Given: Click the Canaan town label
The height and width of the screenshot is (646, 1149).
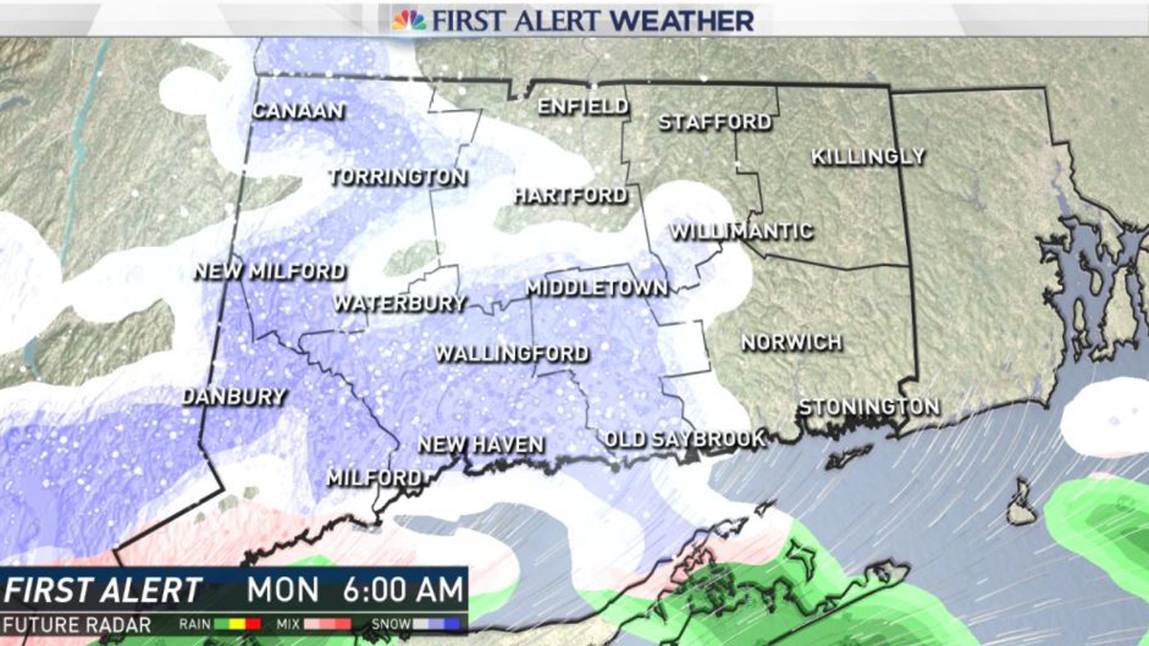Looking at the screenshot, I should pos(298,111).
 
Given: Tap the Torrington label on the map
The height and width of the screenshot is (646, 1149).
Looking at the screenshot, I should pos(397,177).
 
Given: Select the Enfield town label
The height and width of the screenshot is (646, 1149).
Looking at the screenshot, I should pos(582,106).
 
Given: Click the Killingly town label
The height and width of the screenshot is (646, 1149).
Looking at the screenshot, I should pos(868,156).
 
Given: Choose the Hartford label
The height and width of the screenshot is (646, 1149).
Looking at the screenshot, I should pos(571,195).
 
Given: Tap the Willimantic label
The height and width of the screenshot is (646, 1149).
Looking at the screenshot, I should pos(741,232).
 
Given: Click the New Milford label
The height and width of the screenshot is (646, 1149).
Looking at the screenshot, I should pos(269,272).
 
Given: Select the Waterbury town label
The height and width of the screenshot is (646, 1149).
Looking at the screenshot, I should pos(399,303).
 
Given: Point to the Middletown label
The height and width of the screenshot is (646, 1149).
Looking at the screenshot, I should pos(597,288).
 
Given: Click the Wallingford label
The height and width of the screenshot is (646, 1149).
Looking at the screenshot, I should pos(511,354).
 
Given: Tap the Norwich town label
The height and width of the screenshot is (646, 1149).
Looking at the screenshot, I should pos(791,342).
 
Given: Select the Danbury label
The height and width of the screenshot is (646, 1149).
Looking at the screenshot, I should pos(234,396).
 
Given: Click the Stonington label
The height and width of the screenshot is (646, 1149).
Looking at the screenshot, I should pos(868,407).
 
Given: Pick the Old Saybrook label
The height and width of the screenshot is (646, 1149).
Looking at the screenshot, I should pos(685,439).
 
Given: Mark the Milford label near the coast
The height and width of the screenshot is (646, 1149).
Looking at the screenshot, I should pos(373,478).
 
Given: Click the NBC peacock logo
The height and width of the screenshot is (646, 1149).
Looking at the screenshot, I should pos(409,19).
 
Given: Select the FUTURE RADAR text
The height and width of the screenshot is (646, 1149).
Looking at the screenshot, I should pos(77,626).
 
